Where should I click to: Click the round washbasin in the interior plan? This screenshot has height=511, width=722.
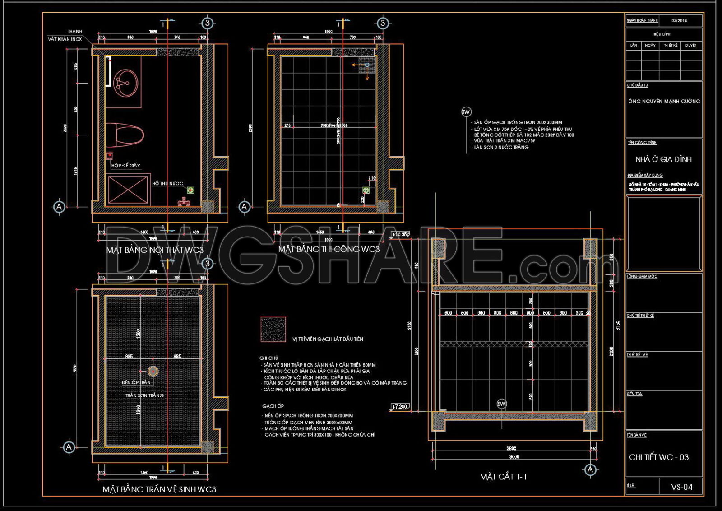click(126, 83)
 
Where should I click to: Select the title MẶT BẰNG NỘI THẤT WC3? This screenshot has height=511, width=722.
click(155, 250)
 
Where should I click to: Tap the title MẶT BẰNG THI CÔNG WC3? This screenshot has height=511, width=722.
click(329, 249)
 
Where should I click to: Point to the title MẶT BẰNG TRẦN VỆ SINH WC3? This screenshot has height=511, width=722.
click(159, 489)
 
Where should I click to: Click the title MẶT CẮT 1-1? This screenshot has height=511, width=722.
click(503, 477)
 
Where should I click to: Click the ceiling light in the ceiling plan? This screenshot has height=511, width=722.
click(153, 372)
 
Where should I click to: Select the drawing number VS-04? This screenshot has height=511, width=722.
click(681, 487)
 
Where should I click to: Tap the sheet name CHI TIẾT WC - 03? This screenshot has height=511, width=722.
click(659, 457)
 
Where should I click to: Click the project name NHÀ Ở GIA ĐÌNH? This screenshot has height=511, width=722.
click(663, 159)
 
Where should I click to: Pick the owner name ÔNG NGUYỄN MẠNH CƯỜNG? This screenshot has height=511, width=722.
click(664, 102)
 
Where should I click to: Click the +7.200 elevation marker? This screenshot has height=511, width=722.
click(400, 407)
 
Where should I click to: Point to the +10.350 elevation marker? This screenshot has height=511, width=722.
click(400, 235)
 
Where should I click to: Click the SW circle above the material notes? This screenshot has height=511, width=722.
click(466, 111)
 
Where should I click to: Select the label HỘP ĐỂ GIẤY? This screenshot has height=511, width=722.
click(126, 166)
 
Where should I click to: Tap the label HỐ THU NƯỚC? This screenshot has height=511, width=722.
click(167, 183)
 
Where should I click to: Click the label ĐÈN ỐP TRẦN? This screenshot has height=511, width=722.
click(136, 382)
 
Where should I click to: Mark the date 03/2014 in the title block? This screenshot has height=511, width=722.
click(679, 21)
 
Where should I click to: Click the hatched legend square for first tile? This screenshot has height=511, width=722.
click(273, 330)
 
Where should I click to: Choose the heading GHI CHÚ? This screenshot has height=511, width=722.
click(268, 358)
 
